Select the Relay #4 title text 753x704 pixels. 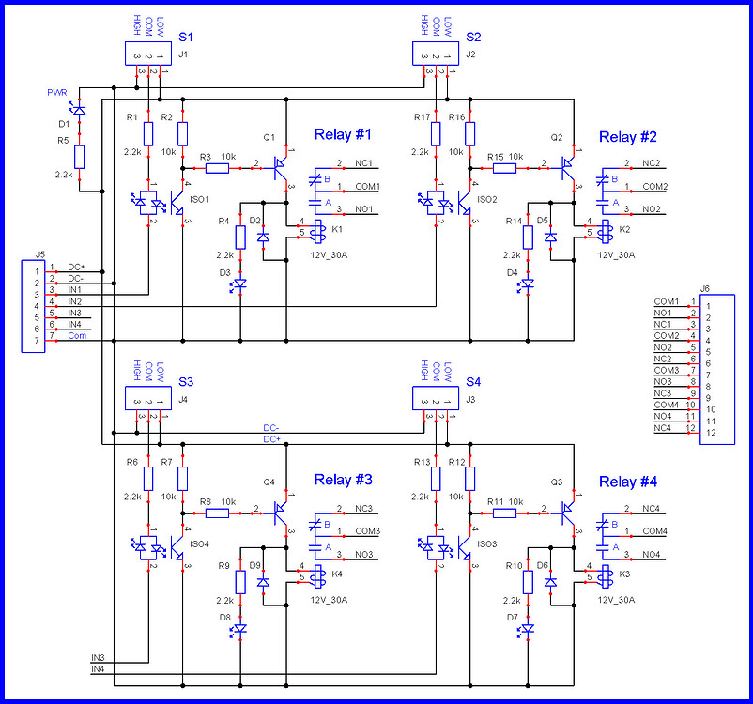click(628, 482)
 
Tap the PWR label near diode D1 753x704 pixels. click(57, 92)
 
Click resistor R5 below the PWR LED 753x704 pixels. click(80, 157)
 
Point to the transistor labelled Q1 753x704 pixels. click(280, 165)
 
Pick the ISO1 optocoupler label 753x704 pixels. click(200, 199)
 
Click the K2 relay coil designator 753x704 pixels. click(624, 229)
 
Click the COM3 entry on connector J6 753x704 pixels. click(667, 371)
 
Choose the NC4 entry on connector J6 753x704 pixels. click(663, 428)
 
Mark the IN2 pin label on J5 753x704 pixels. click(75, 301)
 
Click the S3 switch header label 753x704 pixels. click(186, 382)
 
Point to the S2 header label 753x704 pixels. click(472, 38)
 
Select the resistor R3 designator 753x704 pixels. click(205, 156)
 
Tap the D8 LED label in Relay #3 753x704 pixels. click(225, 617)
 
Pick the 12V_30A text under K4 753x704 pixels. click(329, 599)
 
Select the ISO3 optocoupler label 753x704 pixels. click(487, 543)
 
